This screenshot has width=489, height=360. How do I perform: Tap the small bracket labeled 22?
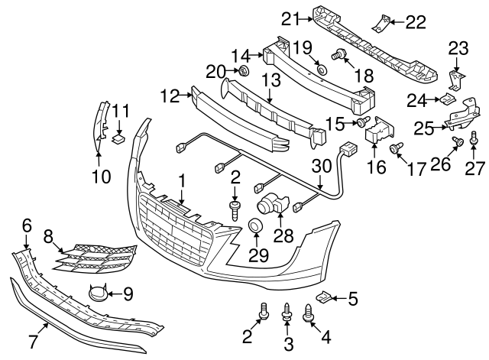click(380, 24)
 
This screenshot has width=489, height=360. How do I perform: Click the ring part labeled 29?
click(254, 227)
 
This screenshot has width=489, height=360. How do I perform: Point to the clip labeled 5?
click(323, 298)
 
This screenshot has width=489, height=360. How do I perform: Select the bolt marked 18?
click(339, 54)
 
